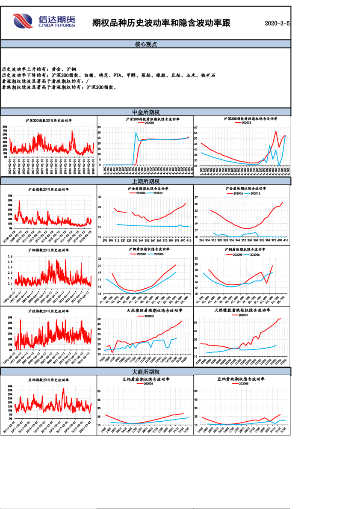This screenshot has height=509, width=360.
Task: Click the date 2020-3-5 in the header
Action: [277, 23]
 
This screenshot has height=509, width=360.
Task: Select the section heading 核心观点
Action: [146, 44]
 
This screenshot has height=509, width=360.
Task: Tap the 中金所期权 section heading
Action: [146, 112]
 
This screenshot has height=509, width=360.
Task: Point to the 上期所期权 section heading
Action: [146, 181]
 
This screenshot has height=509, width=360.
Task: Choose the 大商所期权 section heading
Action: [146, 372]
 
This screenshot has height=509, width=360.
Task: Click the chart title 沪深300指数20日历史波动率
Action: [49, 121]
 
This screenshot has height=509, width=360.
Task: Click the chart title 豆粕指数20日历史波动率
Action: [49, 380]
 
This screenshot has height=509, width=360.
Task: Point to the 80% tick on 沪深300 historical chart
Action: [5, 127]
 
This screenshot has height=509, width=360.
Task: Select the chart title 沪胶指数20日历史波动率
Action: [49, 311]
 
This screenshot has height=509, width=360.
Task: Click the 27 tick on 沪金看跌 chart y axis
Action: [196, 198]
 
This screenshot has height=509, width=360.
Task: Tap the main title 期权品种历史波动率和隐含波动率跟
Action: [161, 23]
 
